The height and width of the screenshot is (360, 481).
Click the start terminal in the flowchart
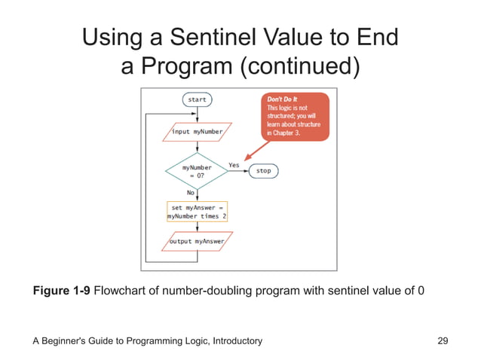coord(197,99)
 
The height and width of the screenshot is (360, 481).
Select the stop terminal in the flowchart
coord(263,171)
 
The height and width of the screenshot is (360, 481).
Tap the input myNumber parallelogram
coord(197,131)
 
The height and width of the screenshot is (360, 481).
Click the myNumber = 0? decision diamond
coord(197,171)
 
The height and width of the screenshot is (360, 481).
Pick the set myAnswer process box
coord(197,210)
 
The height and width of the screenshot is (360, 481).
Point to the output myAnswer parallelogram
coord(197,242)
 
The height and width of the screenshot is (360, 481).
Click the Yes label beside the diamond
coord(234,164)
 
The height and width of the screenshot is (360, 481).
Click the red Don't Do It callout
coord(296,117)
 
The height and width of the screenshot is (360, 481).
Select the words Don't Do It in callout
coord(283,99)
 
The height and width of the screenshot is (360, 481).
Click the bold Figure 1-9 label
coord(62,291)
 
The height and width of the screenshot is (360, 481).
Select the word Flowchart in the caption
coord(121,291)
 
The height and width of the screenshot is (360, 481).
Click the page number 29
coord(443,341)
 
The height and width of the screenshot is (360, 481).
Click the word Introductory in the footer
coord(234,341)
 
